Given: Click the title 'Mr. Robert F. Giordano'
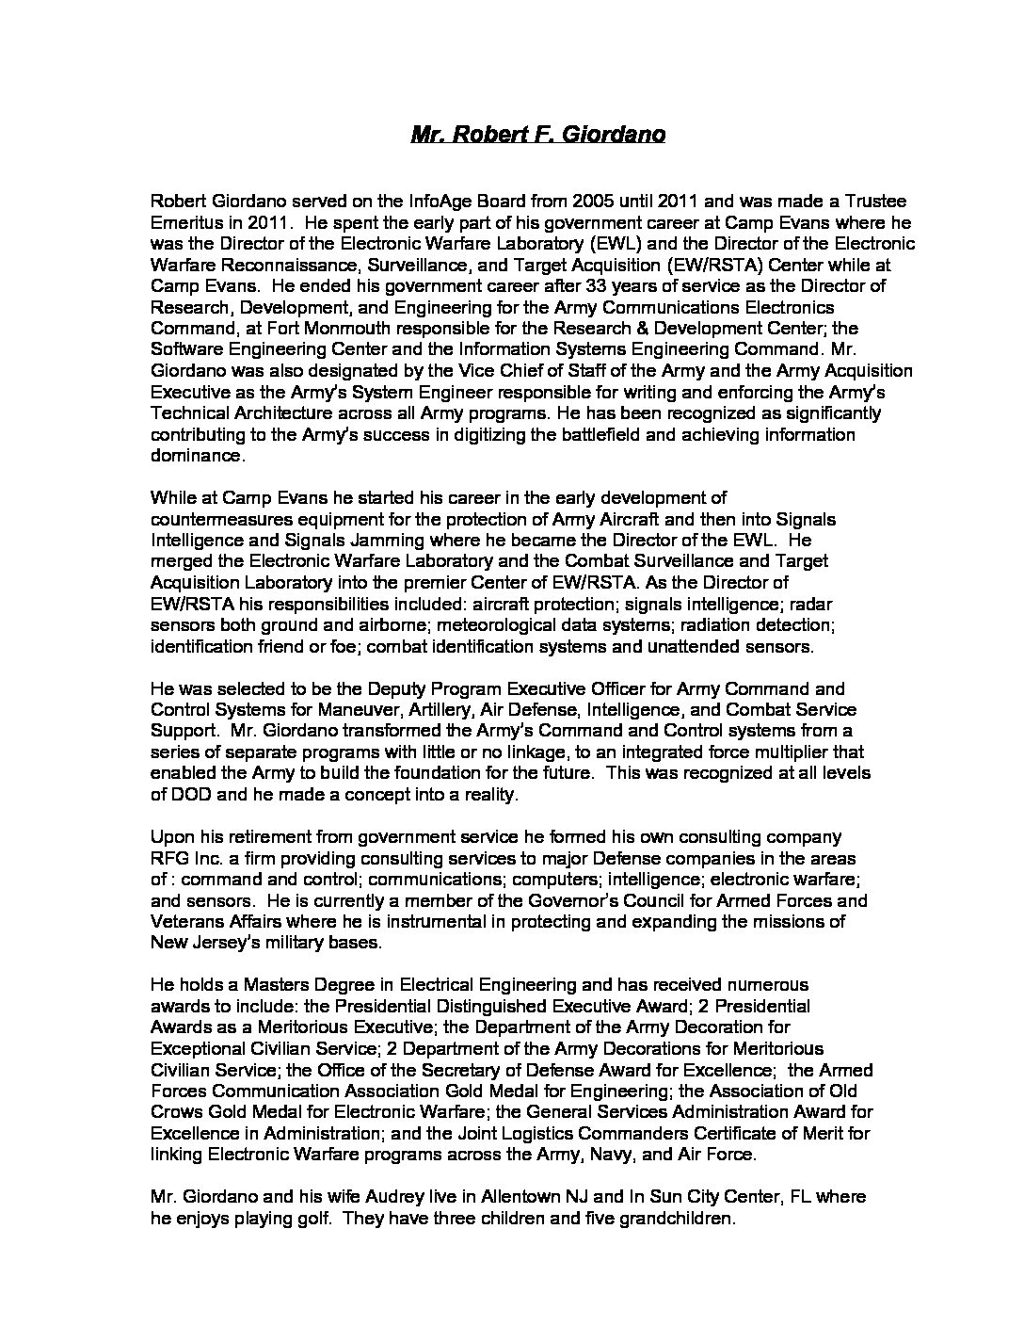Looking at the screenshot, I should click(x=538, y=135).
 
